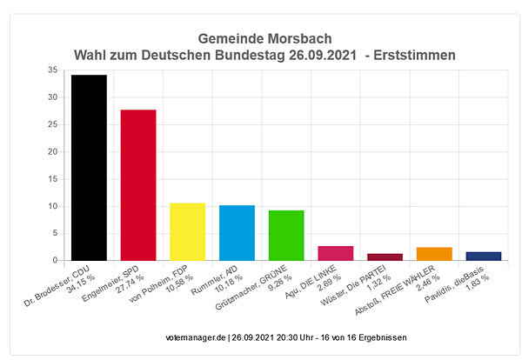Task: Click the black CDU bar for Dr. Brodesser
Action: (89, 168)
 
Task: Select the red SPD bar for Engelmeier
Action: (138, 185)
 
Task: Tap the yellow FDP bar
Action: (187, 231)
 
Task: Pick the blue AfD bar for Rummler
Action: (237, 233)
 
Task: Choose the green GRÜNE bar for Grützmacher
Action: (286, 235)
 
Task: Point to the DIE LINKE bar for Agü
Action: (336, 253)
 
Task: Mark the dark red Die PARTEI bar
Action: (385, 257)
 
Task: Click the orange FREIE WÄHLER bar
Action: (434, 254)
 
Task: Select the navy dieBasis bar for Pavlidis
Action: (484, 256)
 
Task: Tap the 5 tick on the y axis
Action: (55, 233)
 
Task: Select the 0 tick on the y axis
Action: (55, 261)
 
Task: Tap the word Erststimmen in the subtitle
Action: (416, 56)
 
